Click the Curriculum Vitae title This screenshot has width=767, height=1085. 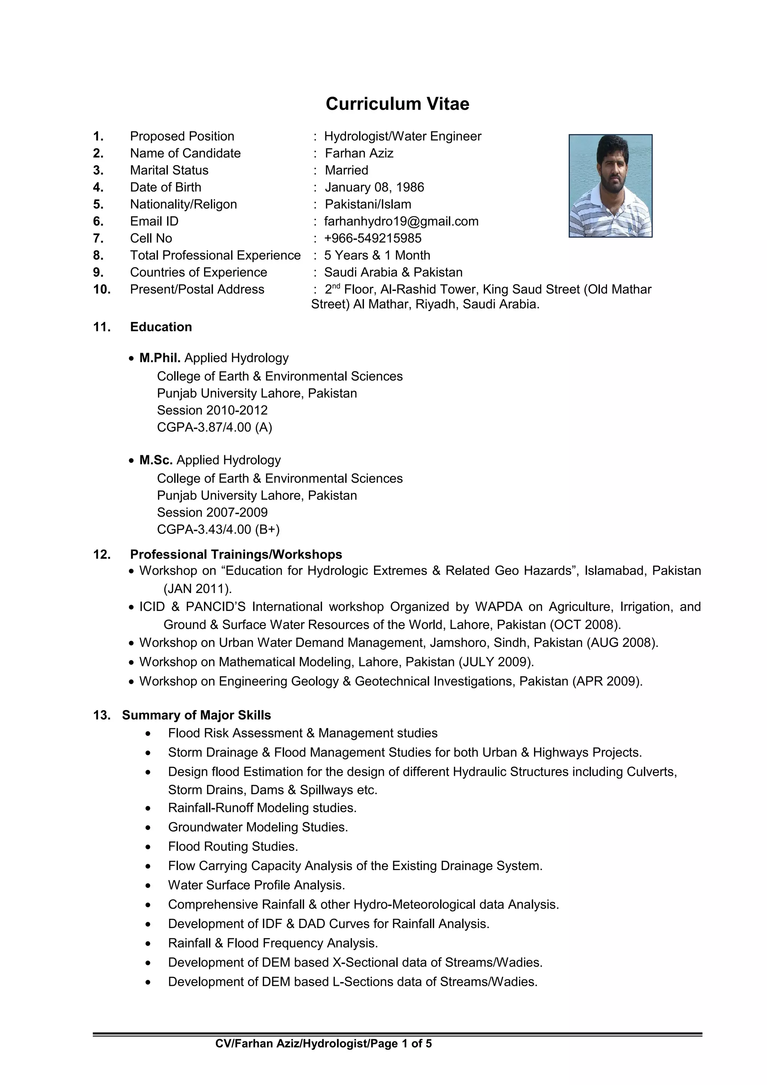[x=397, y=104]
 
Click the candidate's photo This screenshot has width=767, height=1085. [x=610, y=186]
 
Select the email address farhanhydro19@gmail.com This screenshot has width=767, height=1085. [x=401, y=221]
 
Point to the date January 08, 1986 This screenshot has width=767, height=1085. [x=374, y=187]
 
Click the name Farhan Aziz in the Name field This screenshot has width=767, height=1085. [x=359, y=153]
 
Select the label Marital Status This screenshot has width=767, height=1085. [x=169, y=170]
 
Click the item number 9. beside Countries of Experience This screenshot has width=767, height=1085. [x=98, y=272]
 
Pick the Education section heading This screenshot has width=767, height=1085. [x=161, y=327]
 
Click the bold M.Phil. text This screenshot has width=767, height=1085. [x=160, y=358]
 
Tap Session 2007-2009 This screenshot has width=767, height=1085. [x=212, y=512]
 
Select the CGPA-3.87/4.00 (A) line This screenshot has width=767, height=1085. [x=215, y=427]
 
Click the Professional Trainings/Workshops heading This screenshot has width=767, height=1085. [x=236, y=554]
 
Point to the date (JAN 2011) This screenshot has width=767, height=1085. [x=197, y=589]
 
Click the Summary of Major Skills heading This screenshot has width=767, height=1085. [x=196, y=715]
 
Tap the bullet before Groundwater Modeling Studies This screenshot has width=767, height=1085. [x=148, y=828]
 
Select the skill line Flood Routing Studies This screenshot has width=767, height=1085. [x=233, y=847]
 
